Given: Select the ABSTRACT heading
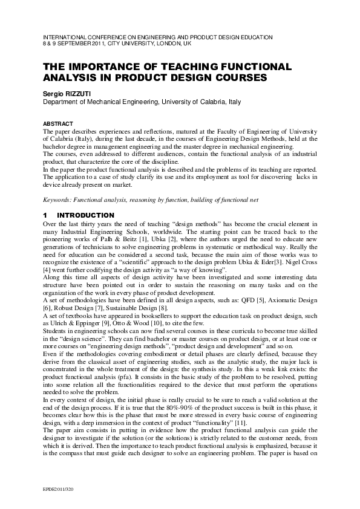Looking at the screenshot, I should pyautogui.click(x=56, y=123).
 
